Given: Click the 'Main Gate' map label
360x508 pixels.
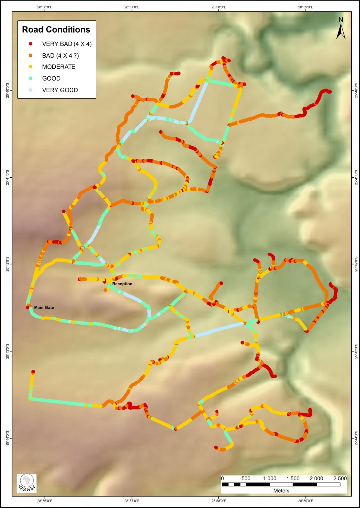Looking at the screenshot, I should [x=44, y=308].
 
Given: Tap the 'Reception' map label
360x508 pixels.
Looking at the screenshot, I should [x=122, y=284].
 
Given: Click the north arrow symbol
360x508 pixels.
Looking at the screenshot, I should [x=341, y=29].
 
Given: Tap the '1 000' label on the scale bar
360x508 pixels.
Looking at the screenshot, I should [x=270, y=478].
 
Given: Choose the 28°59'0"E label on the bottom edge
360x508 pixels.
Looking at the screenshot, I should [x=306, y=501].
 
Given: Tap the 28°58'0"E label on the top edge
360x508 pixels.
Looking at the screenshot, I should [x=219, y=7].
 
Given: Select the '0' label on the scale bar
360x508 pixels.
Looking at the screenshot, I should [x=223, y=478].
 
